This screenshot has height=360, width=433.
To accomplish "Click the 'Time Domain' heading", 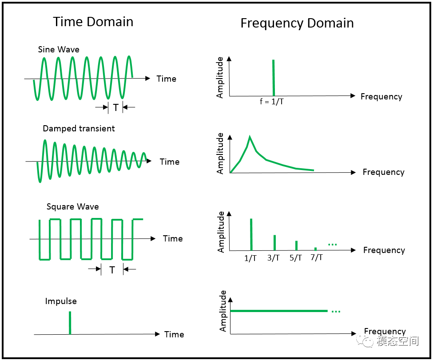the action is pyautogui.click(x=93, y=22).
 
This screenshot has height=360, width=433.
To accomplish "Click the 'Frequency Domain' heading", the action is pyautogui.click(x=297, y=23).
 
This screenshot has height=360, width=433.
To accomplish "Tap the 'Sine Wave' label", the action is pyautogui.click(x=59, y=49).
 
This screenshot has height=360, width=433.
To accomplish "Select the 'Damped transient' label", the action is pyautogui.click(x=79, y=128).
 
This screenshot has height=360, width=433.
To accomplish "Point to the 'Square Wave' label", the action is pyautogui.click(x=73, y=207).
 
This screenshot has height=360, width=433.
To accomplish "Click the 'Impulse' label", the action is pyautogui.click(x=61, y=301).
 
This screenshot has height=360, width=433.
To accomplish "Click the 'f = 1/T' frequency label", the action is pyautogui.click(x=272, y=102).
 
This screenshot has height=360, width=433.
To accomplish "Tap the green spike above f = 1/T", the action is pyautogui.click(x=274, y=78).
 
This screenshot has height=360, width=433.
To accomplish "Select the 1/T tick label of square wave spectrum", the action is pyautogui.click(x=250, y=258).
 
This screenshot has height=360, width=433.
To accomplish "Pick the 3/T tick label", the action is pyautogui.click(x=274, y=258).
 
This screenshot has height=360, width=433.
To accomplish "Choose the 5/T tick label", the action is pyautogui.click(x=296, y=258).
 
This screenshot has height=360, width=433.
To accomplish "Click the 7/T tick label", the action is pyautogui.click(x=317, y=257).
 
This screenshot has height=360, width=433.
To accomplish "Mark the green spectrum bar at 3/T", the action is pyautogui.click(x=274, y=243).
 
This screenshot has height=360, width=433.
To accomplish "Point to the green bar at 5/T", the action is pyautogui.click(x=296, y=245).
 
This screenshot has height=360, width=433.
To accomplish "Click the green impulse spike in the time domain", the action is pyautogui.click(x=70, y=323).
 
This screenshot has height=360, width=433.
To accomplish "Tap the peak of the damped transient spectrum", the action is pyautogui.click(x=250, y=136).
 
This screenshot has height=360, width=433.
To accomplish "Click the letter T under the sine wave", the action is pyautogui.click(x=116, y=107).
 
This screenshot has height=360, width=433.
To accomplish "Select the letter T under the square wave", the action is pyautogui.click(x=112, y=270).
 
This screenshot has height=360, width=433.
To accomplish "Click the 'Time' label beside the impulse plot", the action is pyautogui.click(x=174, y=334).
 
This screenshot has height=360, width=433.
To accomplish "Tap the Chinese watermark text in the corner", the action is pyautogui.click(x=397, y=341).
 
